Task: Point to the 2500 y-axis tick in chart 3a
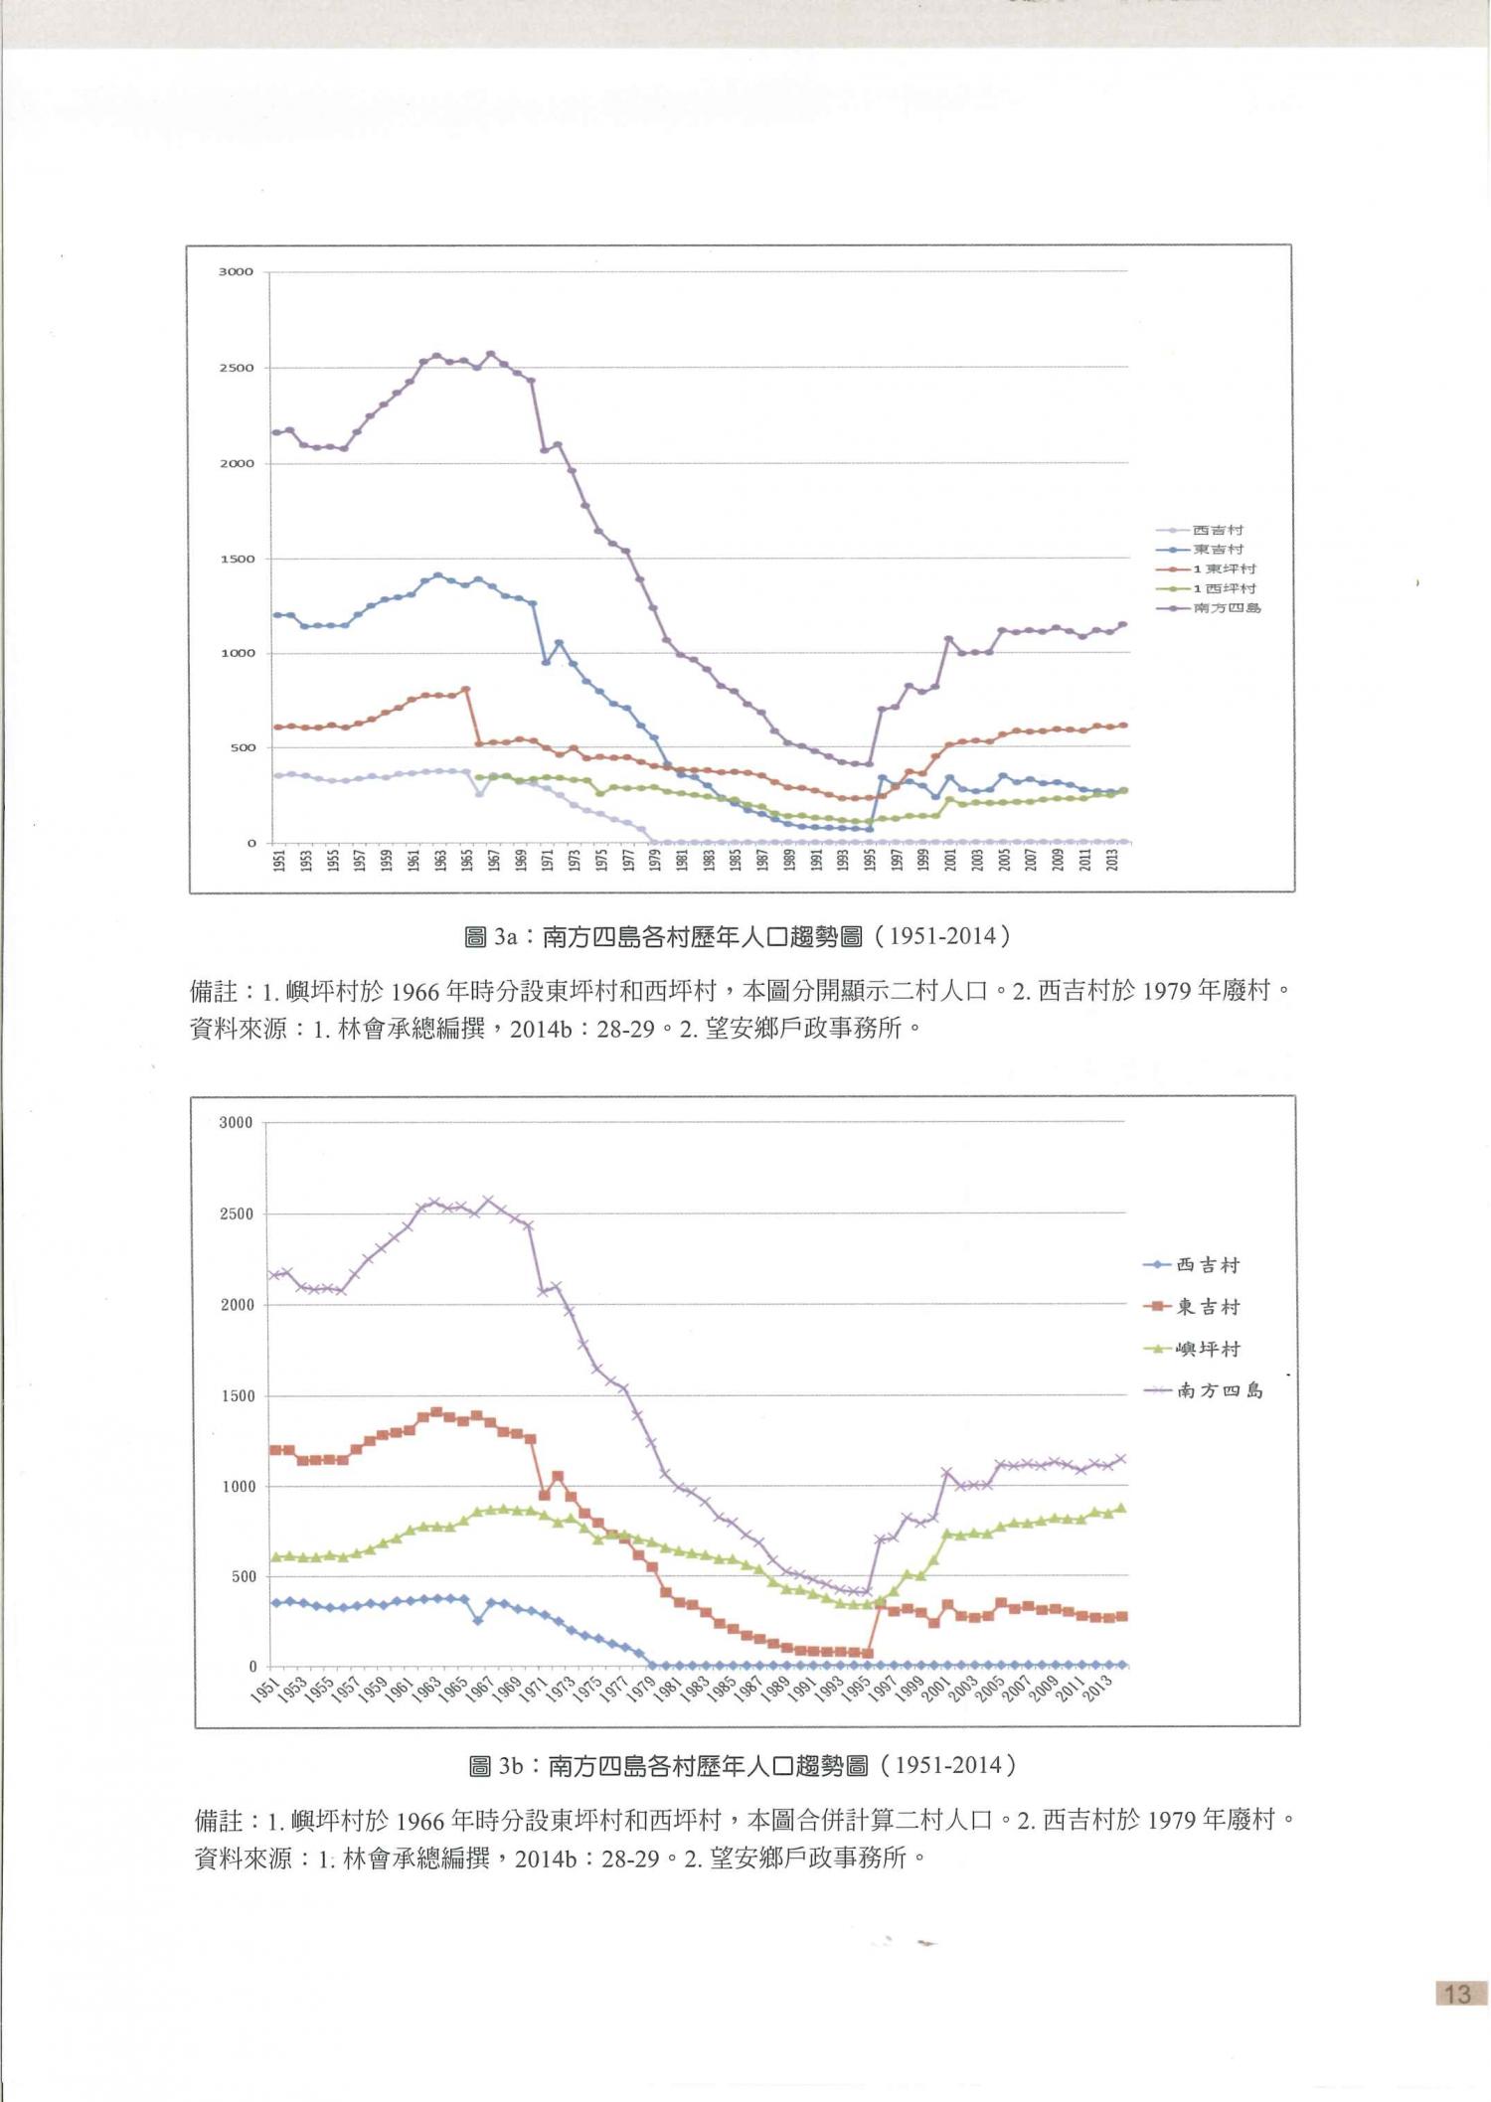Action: click(x=237, y=369)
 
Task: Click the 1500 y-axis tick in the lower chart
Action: click(x=237, y=1396)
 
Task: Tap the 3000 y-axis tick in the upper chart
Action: click(x=237, y=272)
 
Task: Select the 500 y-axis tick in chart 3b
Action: click(x=241, y=1577)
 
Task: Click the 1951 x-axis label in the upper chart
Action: click(x=279, y=861)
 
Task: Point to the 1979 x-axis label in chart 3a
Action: click(x=655, y=861)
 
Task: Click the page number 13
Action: click(x=1457, y=1994)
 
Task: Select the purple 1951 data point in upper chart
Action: click(x=276, y=432)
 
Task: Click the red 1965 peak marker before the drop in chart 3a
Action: click(x=466, y=690)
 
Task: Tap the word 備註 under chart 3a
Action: click(x=213, y=992)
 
